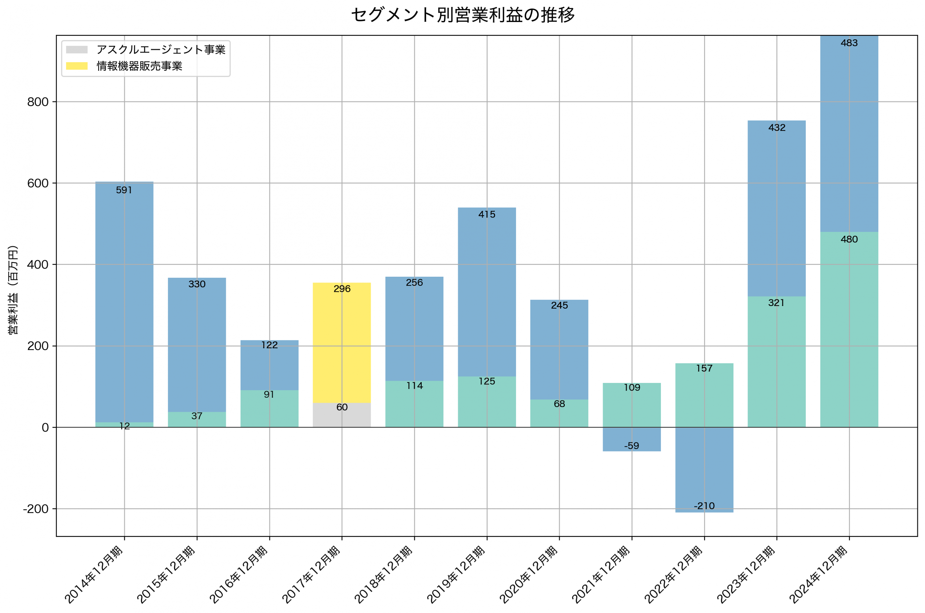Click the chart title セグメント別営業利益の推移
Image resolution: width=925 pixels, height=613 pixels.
462,15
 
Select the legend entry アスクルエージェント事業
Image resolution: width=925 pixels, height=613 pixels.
161,49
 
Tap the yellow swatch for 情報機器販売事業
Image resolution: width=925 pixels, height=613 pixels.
77,66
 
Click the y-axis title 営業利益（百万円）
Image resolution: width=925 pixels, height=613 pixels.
13,290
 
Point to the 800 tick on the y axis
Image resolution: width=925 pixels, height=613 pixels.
38,102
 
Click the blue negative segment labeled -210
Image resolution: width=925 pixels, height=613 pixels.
704,469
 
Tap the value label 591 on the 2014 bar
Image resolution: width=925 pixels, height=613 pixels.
124,190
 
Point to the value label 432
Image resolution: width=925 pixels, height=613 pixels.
776,128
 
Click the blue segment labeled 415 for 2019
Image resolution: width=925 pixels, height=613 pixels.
487,293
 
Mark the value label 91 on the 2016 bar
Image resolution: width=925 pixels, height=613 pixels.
269,395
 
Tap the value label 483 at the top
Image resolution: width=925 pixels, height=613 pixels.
849,43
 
